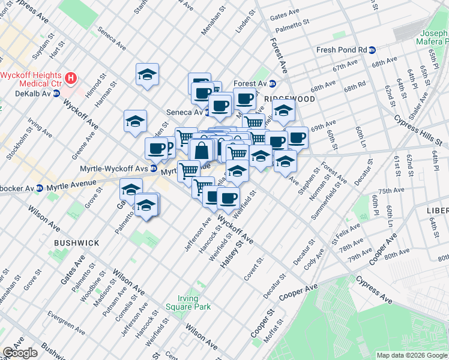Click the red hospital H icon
point(71,78)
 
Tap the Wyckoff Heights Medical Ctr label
point(32,79)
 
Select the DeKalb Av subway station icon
point(56,94)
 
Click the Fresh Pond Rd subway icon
point(372,50)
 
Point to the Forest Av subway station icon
point(272,84)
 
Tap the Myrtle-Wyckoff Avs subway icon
point(154,168)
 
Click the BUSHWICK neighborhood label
point(76,242)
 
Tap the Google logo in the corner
point(20,353)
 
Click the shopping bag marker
point(202,150)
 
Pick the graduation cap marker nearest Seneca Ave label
point(147,74)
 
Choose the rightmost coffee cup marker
point(297,137)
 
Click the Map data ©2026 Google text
point(412,355)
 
